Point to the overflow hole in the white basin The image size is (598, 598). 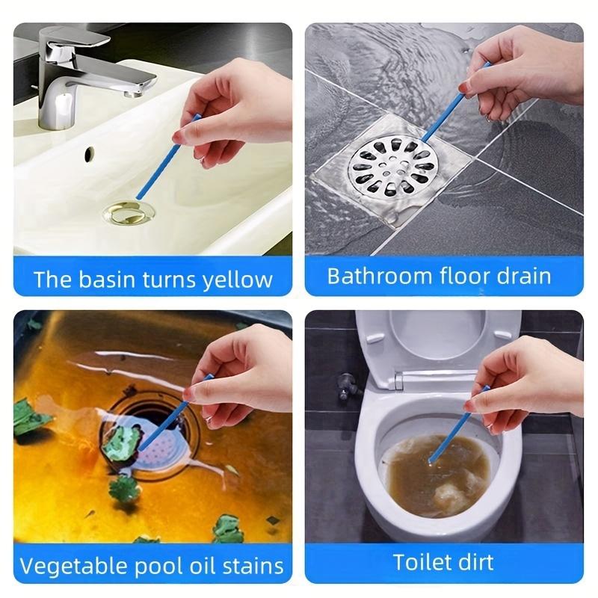[89, 154]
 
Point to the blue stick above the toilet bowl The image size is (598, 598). [467, 415]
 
